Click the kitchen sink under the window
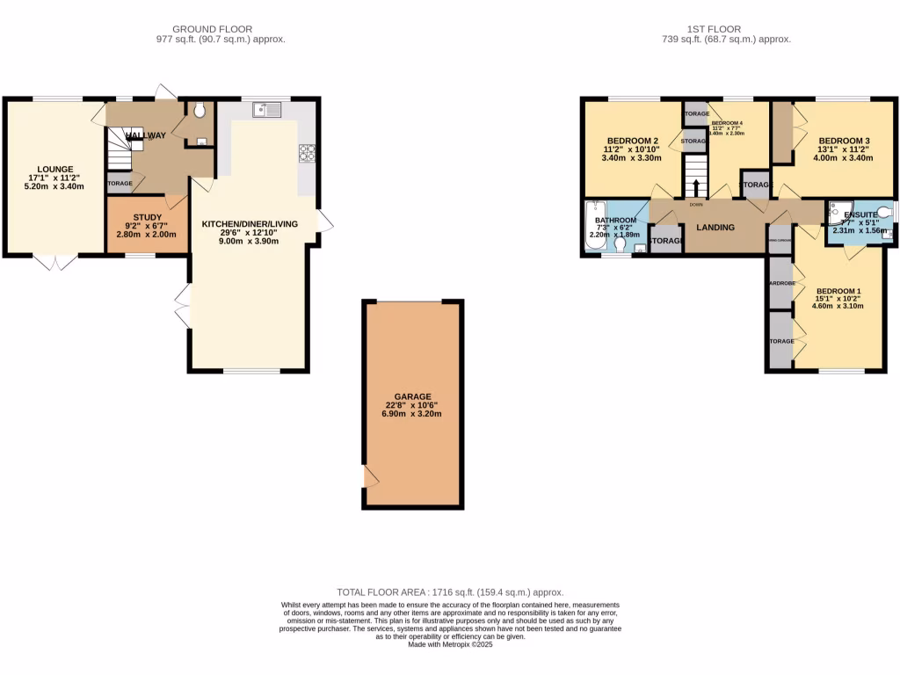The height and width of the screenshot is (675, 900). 265,110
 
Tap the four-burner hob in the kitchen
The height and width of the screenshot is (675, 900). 307,153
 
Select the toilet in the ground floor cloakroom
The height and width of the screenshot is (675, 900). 200,110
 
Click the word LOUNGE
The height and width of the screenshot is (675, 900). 54,170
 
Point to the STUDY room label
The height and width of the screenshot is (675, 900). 147,217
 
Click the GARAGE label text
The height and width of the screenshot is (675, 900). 412,396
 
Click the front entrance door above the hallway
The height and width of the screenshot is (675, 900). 165,92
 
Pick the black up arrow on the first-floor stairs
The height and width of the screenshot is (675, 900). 696,187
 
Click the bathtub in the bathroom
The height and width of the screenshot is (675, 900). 592,229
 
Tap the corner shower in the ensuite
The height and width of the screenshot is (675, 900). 835,210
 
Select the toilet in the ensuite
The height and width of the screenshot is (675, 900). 883,212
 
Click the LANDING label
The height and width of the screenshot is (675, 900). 715,228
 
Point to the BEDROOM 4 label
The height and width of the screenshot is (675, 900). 727,123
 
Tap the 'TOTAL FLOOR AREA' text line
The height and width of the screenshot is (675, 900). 450,593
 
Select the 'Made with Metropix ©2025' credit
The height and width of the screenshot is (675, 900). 450,644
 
